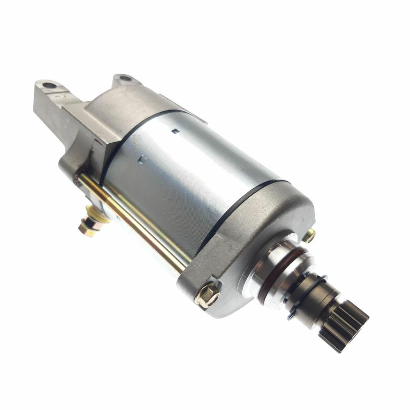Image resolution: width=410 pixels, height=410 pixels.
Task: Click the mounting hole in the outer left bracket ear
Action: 50,86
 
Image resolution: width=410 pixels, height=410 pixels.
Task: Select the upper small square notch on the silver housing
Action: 175,132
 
